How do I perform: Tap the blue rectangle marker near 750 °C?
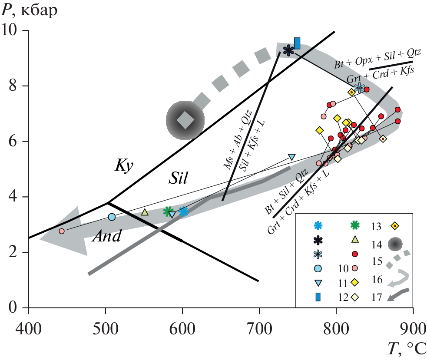[297, 43]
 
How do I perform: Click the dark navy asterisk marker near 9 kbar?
[288, 50]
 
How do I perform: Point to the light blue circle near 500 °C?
[112, 217]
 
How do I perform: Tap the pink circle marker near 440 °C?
[61, 231]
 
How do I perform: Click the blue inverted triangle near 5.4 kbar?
[291, 157]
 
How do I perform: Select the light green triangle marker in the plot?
[145, 212]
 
